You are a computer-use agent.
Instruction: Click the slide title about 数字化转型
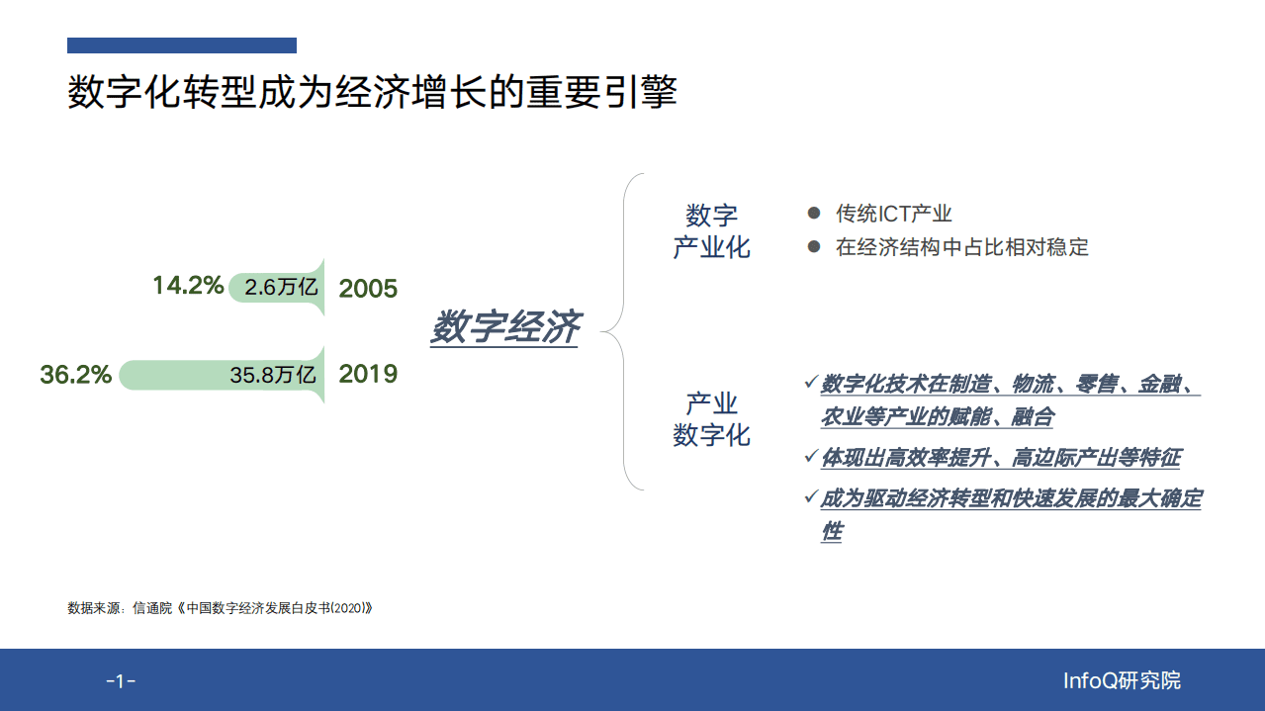coord(372,93)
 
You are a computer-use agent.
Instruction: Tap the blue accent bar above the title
coord(182,45)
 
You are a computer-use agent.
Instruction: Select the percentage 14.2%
coord(187,287)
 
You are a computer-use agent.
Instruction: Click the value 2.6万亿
coord(281,289)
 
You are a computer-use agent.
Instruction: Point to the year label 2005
coord(368,289)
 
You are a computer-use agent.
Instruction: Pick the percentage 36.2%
coord(75,375)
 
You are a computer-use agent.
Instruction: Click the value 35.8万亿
coord(273,375)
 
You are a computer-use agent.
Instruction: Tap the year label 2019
coord(368,374)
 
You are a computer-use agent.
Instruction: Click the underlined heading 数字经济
coord(505,327)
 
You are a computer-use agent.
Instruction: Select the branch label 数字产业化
coord(711,231)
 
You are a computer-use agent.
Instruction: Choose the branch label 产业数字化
coord(711,419)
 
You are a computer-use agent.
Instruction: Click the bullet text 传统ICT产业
coord(894,214)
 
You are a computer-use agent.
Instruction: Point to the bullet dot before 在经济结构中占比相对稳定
coord(814,246)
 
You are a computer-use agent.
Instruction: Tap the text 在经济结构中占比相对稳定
coord(961,247)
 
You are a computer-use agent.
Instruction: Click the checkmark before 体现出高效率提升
coord(810,456)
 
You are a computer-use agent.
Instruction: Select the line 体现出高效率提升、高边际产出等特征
coord(1000,457)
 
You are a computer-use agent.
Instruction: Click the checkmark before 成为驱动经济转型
coord(810,496)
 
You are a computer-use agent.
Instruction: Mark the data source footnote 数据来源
coord(220,608)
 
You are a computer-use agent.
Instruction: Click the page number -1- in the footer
coord(121,681)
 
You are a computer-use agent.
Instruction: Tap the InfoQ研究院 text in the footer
coord(1122,680)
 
